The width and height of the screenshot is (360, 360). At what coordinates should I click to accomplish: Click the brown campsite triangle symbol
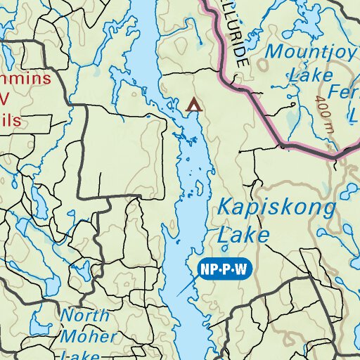pos(193,105)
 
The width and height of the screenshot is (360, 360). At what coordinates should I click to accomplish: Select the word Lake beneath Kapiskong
pos(243,234)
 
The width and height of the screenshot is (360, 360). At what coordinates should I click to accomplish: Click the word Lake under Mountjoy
pos(304,74)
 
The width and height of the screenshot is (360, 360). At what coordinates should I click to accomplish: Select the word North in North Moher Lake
pos(84,315)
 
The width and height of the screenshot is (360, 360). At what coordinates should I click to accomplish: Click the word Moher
pos(89,336)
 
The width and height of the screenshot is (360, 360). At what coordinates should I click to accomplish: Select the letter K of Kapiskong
pos(224,208)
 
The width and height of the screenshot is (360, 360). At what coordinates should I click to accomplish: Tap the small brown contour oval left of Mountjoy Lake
pos(263,64)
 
